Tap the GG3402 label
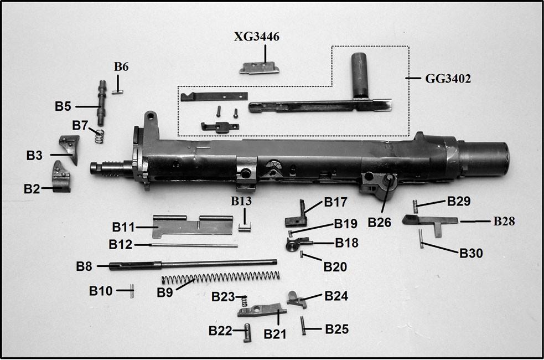coord(448,79)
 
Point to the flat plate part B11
coord(191,225)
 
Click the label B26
coord(380,222)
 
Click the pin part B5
coord(102,103)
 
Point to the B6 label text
coord(121,66)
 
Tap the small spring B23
coord(242,302)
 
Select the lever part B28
coord(429,220)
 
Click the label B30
coord(471,253)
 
